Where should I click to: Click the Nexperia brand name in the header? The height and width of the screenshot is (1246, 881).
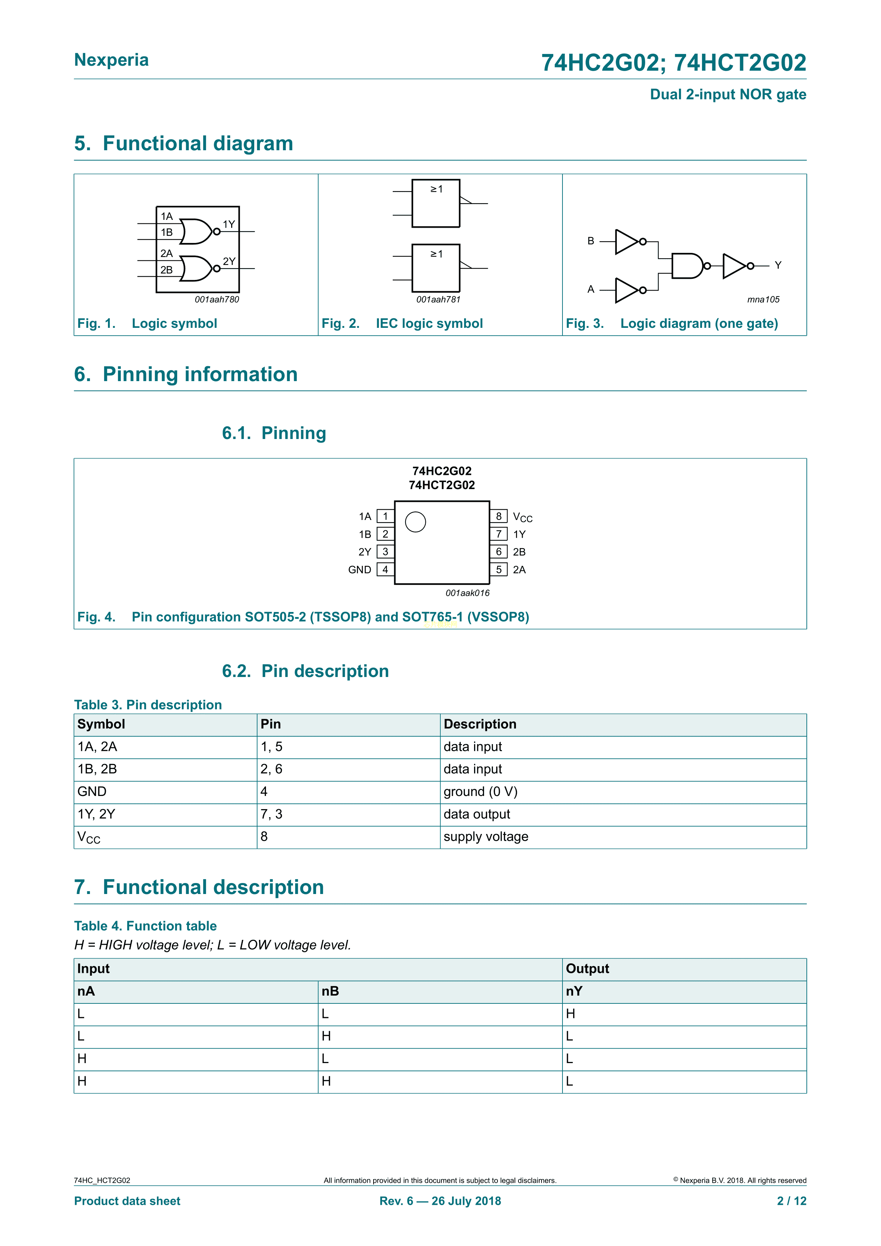point(111,60)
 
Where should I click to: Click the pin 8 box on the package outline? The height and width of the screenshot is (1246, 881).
point(499,516)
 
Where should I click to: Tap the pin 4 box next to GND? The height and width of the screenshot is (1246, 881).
point(385,569)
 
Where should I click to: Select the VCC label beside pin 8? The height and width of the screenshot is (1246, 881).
point(522,517)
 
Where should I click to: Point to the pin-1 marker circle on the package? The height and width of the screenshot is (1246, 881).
point(415,522)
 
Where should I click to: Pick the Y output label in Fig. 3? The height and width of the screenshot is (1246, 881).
point(778,265)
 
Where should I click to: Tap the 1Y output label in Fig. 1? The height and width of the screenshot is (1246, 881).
point(229,224)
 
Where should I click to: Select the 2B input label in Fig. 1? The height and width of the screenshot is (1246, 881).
point(167,270)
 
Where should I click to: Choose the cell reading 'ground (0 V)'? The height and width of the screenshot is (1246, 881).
point(480,792)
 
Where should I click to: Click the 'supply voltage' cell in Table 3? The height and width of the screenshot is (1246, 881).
point(485,837)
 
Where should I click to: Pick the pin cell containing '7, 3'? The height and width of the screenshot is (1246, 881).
point(271,814)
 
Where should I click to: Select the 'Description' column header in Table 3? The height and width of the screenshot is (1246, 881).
point(479,725)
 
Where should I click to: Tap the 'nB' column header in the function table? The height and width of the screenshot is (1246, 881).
point(330,991)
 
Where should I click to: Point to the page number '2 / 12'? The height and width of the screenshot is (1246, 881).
point(792,1201)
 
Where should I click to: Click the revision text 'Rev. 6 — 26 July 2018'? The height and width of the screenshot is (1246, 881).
point(440,1201)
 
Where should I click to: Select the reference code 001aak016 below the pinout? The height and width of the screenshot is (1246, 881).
point(467,593)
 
